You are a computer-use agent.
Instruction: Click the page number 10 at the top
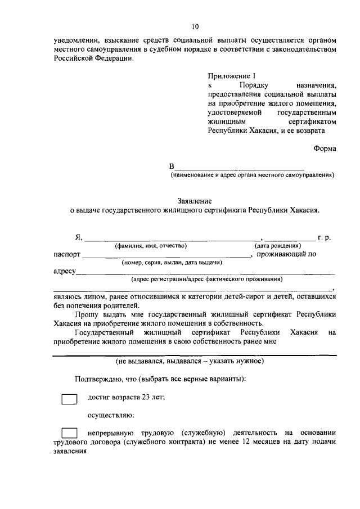tap(195, 26)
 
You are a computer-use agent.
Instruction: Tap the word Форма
tap(325, 149)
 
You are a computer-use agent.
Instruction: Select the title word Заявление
tap(194, 200)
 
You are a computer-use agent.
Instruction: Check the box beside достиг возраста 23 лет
tap(69, 399)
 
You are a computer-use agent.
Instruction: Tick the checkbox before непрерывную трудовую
tap(69, 433)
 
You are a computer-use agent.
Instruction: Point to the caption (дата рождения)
tap(277, 246)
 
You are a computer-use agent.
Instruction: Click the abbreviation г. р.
tap(325, 238)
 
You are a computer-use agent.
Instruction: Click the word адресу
tap(64, 272)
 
